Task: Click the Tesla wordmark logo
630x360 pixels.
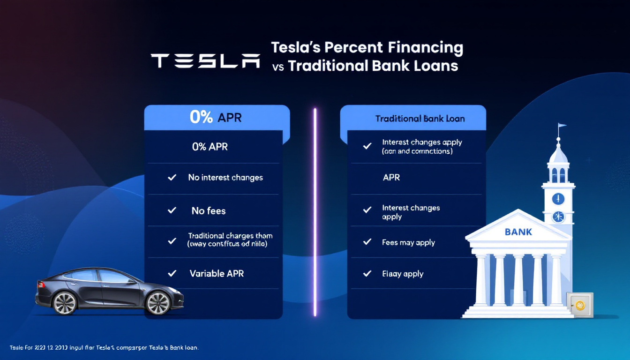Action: [205, 61]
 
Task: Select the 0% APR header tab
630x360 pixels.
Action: [216, 117]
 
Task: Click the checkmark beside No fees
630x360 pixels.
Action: [172, 210]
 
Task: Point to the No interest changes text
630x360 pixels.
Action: [225, 178]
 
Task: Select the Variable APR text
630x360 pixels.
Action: [217, 273]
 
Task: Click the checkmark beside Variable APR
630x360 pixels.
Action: [172, 273]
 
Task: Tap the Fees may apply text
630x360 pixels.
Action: [408, 242]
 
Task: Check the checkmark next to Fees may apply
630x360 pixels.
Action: [367, 242]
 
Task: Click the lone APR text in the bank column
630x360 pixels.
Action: [391, 178]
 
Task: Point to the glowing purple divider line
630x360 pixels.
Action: [315, 211]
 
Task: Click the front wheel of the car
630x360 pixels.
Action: [158, 302]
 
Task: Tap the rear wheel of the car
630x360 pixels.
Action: [65, 303]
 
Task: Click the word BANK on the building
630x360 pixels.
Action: [518, 232]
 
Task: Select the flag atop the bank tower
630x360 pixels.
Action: [562, 127]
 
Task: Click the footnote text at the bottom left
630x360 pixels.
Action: [104, 348]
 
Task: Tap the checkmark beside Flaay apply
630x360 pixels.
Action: [367, 274]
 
